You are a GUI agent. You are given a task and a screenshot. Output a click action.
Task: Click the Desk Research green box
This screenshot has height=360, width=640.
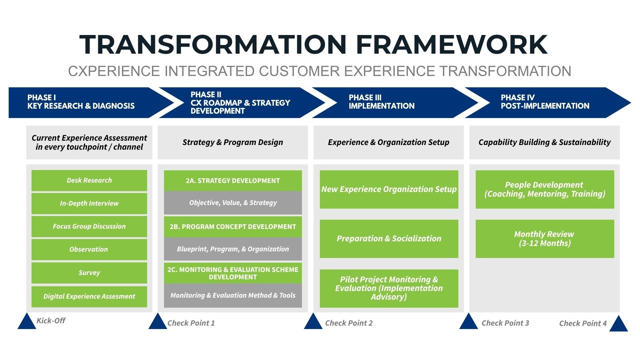[89, 180]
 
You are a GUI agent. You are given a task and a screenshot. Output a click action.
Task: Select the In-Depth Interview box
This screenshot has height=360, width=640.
[89, 203]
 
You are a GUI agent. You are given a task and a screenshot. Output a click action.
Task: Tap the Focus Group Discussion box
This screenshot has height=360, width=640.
[89, 226]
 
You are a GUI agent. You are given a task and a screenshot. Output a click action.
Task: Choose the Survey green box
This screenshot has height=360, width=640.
[89, 273]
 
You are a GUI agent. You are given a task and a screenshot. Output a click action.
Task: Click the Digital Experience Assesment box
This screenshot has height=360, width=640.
[89, 296]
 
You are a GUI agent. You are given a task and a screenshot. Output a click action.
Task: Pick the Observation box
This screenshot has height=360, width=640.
[89, 249]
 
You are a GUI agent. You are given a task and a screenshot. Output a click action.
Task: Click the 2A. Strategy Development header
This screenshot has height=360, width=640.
[233, 181]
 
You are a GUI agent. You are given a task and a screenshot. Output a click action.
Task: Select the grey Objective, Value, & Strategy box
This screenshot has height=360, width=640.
[233, 203]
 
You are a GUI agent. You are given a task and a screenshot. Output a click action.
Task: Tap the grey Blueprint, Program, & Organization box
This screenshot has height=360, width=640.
[233, 249]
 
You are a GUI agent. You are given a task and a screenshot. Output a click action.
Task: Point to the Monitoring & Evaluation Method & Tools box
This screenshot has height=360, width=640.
[233, 295]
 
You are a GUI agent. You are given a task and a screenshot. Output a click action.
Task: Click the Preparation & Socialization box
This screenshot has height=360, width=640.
[389, 239]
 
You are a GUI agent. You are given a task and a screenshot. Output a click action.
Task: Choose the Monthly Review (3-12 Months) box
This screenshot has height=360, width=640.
[545, 239]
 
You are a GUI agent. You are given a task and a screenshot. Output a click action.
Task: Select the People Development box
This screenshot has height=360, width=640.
[545, 189]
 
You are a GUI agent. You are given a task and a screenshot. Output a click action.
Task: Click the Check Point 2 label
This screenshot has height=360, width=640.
[349, 323]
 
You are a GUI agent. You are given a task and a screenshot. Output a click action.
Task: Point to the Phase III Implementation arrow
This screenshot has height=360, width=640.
[387, 102]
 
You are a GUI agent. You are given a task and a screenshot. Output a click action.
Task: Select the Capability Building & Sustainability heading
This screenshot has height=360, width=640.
[544, 142]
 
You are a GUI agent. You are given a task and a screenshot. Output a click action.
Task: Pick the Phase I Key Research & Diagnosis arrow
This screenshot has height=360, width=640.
[83, 102]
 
